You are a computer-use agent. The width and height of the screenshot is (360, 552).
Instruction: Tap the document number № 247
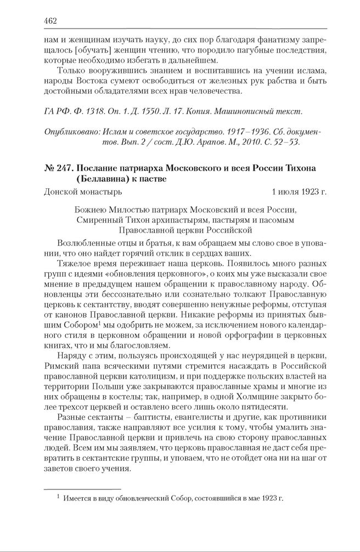point(57,167)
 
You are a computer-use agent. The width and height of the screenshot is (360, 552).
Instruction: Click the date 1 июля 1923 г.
point(299,193)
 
